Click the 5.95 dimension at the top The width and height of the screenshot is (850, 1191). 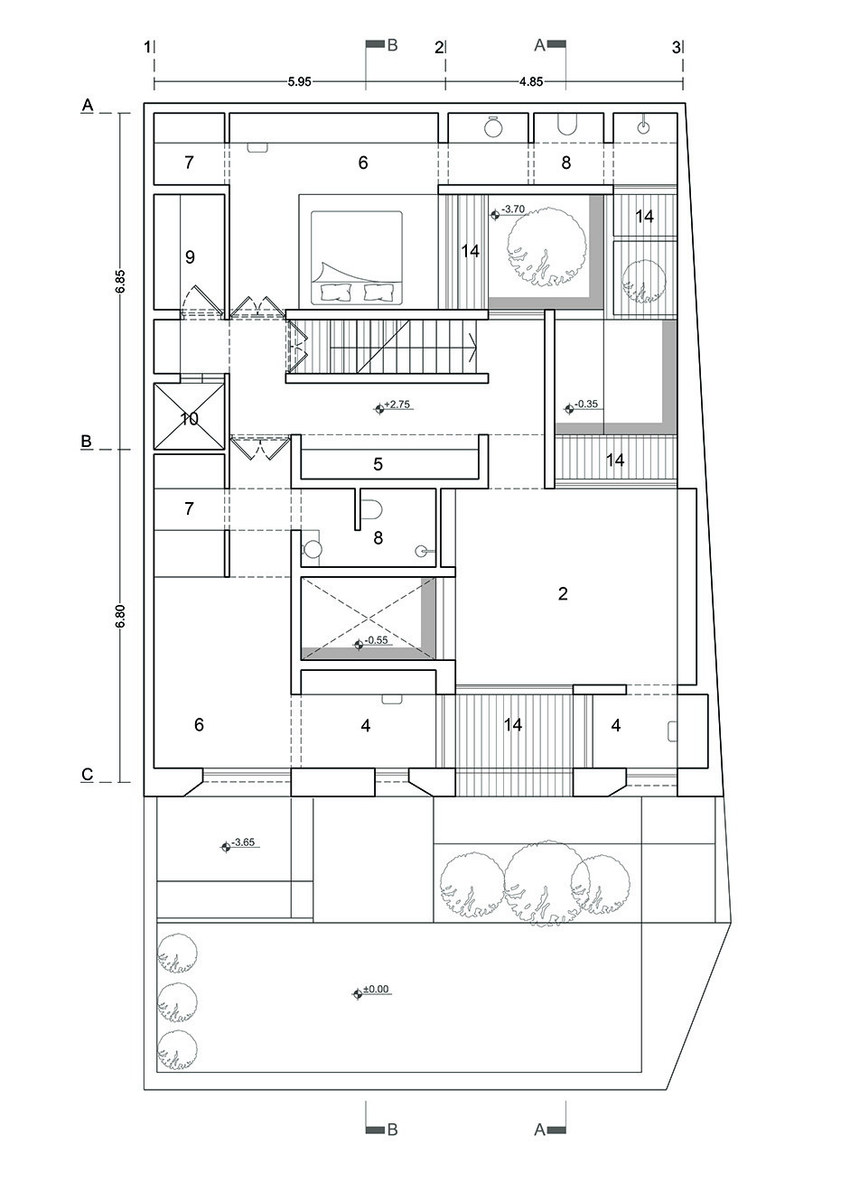pyautogui.click(x=299, y=81)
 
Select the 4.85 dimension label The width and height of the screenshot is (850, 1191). pyautogui.click(x=531, y=81)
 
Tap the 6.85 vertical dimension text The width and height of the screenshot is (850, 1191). pyautogui.click(x=120, y=280)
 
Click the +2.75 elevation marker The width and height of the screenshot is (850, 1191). pyautogui.click(x=394, y=406)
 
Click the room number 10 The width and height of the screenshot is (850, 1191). pyautogui.click(x=189, y=419)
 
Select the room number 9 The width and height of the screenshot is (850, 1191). pyautogui.click(x=190, y=257)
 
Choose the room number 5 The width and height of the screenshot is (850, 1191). pyautogui.click(x=378, y=465)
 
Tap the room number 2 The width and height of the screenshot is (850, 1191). pyautogui.click(x=563, y=594)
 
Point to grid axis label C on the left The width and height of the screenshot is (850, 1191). pyautogui.click(x=88, y=774)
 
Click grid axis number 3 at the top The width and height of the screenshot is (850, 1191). pyautogui.click(x=676, y=48)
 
